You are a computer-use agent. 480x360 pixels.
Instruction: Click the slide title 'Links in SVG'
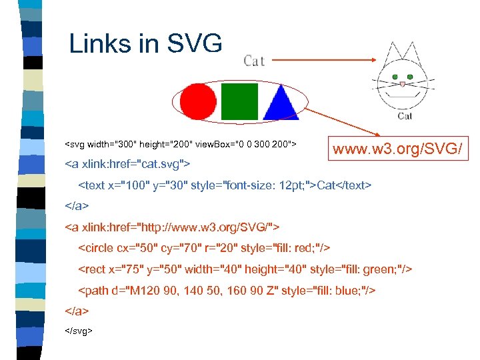pyautogui.click(x=145, y=45)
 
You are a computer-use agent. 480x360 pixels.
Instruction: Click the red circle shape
pyautogui.click(x=199, y=101)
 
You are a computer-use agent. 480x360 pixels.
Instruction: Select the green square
pyautogui.click(x=239, y=100)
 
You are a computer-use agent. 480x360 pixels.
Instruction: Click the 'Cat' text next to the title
pyautogui.click(x=254, y=61)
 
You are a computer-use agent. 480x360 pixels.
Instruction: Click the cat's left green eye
pyautogui.click(x=396, y=77)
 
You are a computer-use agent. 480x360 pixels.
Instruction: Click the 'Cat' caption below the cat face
pyautogui.click(x=405, y=116)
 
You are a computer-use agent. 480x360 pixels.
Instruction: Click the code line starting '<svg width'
pyautogui.click(x=180, y=144)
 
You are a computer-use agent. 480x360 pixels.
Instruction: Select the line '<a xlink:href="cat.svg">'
pyautogui.click(x=127, y=163)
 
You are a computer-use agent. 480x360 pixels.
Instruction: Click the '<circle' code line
pyautogui.click(x=204, y=248)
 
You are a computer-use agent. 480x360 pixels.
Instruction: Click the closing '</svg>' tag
pyautogui.click(x=79, y=330)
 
